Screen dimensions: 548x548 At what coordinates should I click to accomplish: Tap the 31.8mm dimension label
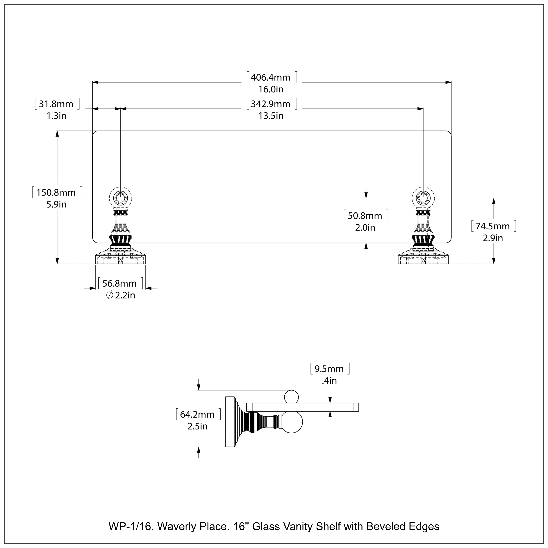[x=56, y=104]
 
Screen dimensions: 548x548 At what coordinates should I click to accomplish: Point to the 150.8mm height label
[x=56, y=193]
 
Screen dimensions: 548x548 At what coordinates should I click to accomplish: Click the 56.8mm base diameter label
[x=119, y=283]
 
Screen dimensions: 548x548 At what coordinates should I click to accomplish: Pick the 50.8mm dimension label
[x=365, y=216]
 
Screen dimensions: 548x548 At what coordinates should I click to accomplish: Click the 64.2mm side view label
[x=197, y=414]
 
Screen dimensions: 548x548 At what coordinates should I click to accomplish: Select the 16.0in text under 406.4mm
[x=271, y=89]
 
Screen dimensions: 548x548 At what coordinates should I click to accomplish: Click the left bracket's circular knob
[x=121, y=198]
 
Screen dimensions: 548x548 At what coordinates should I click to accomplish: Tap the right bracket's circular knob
[x=423, y=198]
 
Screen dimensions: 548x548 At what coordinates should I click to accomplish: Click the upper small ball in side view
[x=291, y=397]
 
